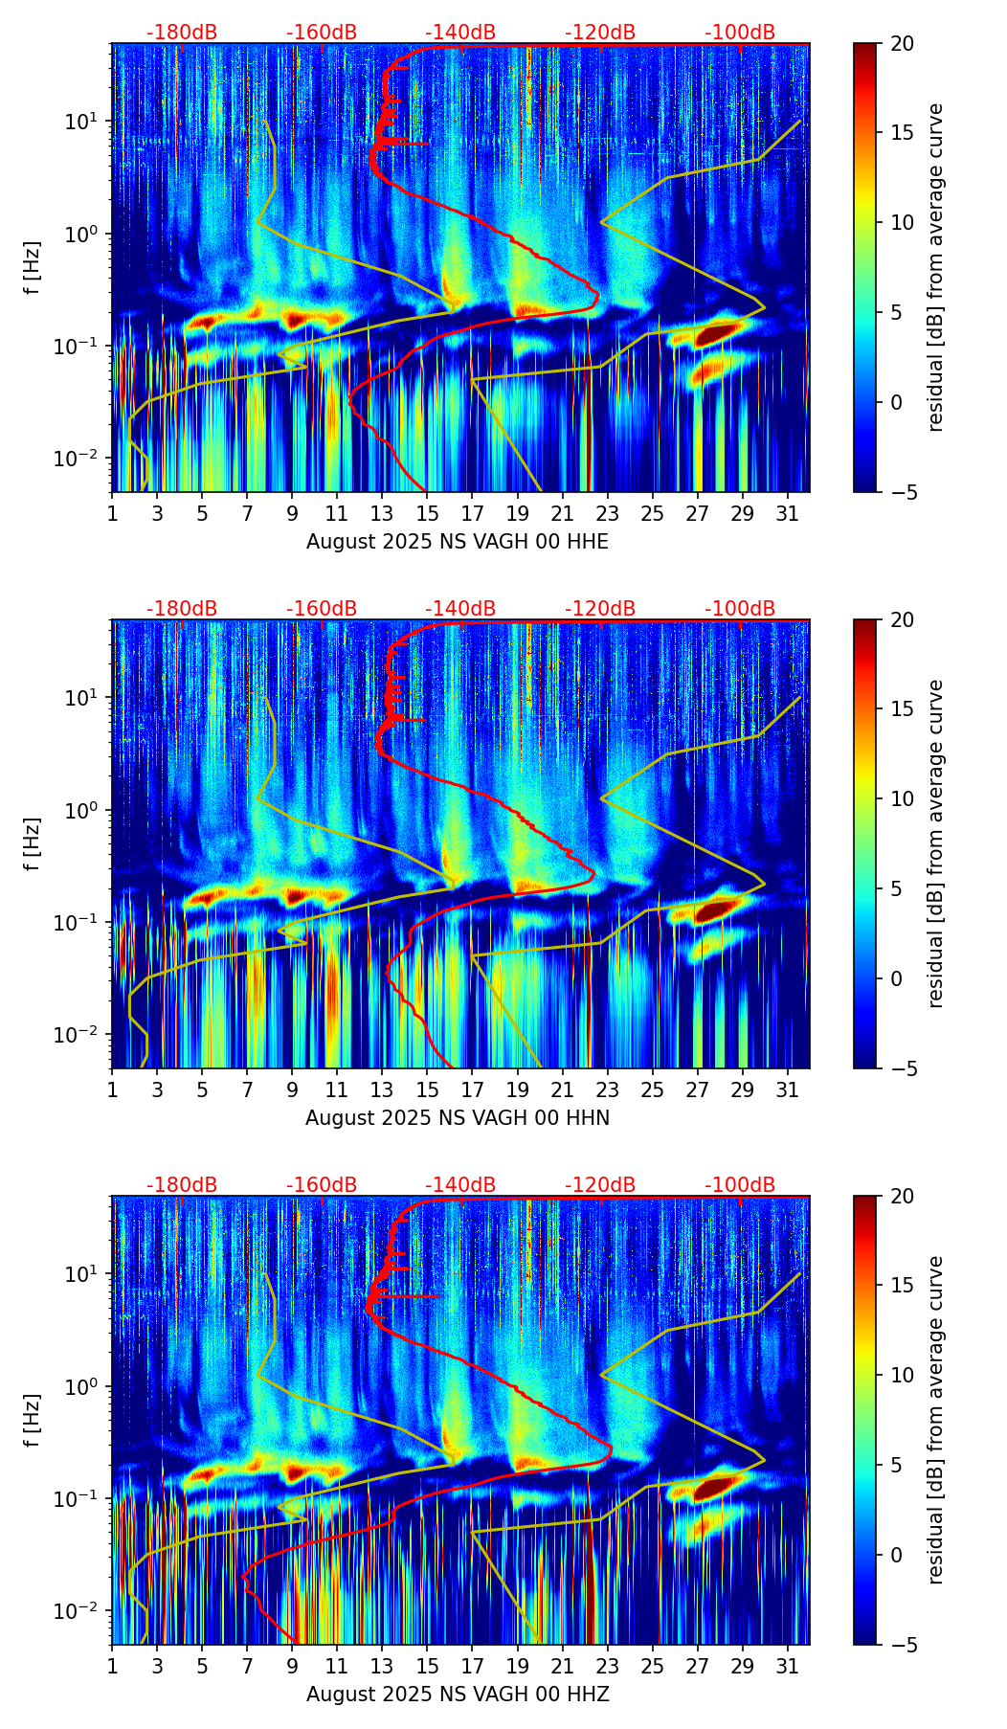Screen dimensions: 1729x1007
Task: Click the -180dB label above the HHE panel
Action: (182, 33)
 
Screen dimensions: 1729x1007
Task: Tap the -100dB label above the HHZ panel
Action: (740, 1185)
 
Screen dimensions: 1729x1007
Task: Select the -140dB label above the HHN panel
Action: (460, 609)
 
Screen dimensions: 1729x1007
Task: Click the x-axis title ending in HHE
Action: (458, 542)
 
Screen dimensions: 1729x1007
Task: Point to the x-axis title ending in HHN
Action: (458, 1118)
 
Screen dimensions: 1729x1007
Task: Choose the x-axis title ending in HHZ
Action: (458, 1695)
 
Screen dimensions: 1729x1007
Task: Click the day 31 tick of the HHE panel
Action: (788, 513)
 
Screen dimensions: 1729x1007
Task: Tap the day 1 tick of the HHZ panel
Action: (112, 1666)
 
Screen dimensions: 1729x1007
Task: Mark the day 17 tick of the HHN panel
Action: (473, 1089)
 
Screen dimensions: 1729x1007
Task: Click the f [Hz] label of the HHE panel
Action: (33, 267)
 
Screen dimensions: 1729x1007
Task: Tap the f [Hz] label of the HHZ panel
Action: (33, 1420)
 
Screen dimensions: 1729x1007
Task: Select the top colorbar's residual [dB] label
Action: (936, 267)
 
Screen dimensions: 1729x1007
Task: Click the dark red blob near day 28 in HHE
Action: (717, 335)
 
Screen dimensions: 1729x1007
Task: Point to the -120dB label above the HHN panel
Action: (600, 609)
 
